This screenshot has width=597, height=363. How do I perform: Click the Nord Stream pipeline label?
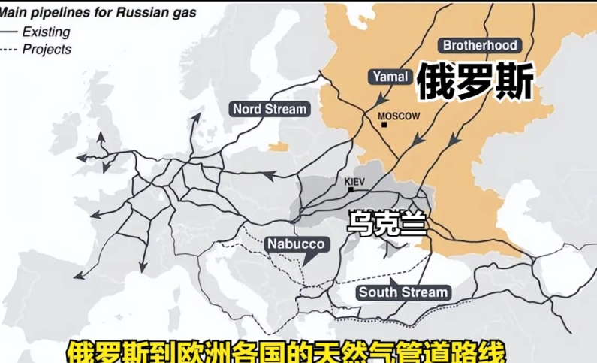pos(270,109)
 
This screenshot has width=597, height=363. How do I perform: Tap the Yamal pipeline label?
pos(390,77)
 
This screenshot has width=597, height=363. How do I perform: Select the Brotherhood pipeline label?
pos(479,45)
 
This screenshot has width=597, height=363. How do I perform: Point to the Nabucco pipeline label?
pos(296,244)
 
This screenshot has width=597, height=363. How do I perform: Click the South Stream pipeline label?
pos(403,292)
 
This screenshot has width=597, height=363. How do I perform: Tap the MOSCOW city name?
pos(398,116)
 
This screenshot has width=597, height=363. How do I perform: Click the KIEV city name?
pos(353,182)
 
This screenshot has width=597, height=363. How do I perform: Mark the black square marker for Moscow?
pos(384,125)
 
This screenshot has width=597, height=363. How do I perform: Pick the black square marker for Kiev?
pos(350,190)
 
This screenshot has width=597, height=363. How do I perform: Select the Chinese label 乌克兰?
pos(387,223)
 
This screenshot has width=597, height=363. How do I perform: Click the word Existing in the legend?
pos(46,32)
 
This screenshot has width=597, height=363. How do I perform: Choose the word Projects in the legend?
pos(47,50)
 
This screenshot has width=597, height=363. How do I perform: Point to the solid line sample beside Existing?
pos(9,32)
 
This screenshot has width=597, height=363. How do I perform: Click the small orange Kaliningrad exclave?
pos(279,146)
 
